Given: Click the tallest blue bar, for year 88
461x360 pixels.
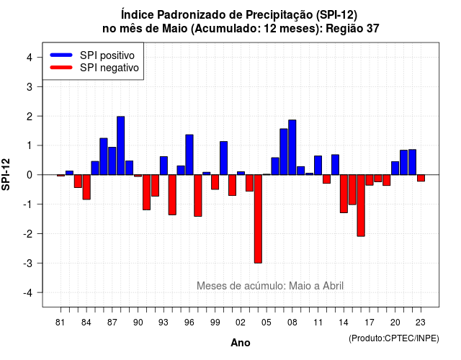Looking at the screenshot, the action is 120,145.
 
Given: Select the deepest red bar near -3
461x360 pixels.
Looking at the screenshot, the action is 258,219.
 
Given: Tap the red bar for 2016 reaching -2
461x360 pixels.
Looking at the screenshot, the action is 361,205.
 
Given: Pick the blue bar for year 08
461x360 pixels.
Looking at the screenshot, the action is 292,147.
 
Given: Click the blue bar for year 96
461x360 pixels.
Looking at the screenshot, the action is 189,155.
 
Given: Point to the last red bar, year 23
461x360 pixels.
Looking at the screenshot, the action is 421,178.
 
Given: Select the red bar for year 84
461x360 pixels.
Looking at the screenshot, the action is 86,187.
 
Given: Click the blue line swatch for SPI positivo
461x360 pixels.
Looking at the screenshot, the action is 61,55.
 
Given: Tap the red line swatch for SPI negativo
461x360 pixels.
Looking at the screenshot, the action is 61,67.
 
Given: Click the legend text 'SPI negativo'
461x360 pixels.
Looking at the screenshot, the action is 109,68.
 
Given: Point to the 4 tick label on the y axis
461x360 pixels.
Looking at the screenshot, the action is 30,58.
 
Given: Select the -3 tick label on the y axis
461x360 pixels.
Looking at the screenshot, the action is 27,264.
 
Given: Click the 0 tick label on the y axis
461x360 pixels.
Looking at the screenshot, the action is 30,175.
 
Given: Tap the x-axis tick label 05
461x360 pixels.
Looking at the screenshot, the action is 266,323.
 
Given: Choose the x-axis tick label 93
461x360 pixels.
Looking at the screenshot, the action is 164,323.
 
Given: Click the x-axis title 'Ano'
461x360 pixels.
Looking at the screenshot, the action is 241,343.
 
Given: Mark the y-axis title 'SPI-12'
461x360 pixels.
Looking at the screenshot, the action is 6,174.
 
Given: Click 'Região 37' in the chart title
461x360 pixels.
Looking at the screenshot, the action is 352,29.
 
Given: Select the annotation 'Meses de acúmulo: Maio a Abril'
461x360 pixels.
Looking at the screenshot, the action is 270,286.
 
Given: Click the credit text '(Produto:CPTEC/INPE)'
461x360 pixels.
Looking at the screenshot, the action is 394,338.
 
